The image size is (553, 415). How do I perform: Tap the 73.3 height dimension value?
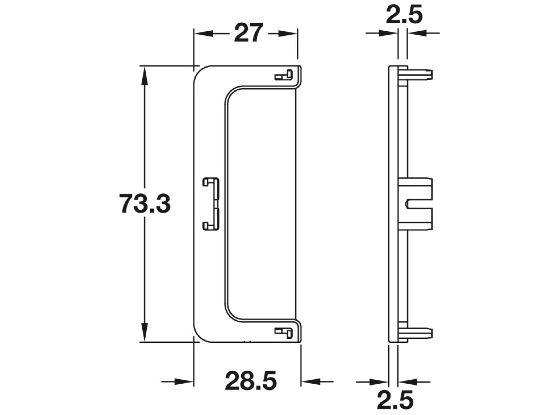coord(145,204)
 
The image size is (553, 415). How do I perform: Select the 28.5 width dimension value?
coord(251,381)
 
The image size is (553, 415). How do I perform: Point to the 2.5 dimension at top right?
coord(404,14)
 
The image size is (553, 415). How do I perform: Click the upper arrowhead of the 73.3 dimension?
coord(145,75)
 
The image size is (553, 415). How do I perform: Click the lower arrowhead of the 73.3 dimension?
coord(145,332)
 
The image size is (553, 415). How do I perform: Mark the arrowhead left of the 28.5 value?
coord(184,382)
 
